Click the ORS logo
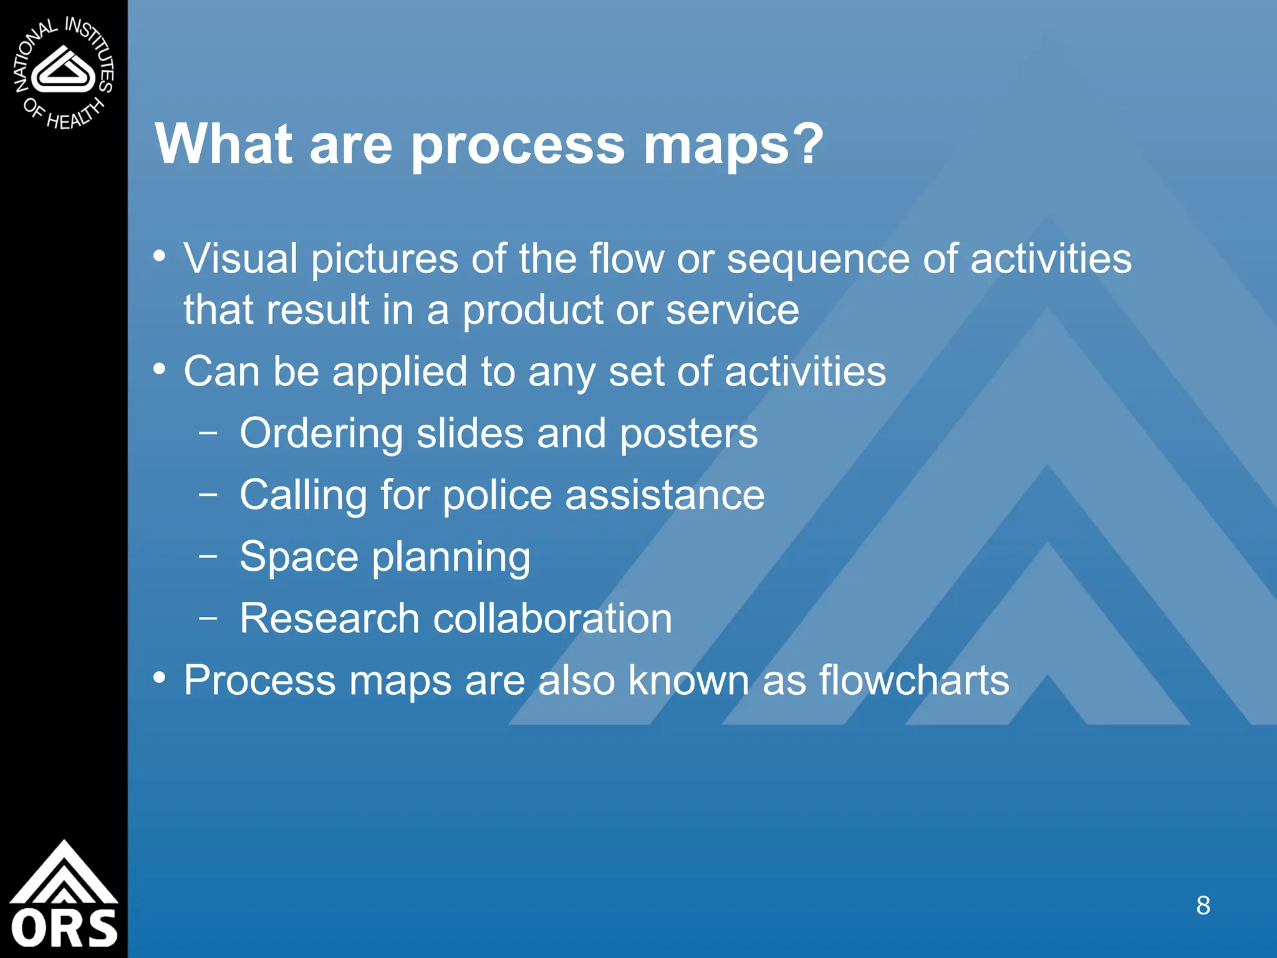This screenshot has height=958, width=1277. tap(64, 896)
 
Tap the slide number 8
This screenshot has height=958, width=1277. tap(1203, 906)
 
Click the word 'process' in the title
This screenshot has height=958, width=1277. tap(518, 145)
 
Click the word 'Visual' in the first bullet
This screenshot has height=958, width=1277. tap(241, 259)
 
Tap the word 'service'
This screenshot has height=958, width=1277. tap(732, 310)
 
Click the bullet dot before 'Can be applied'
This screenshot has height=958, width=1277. tap(160, 369)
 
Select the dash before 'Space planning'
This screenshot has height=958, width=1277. tap(208, 555)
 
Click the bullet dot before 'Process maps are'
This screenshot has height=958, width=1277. tap(160, 677)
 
